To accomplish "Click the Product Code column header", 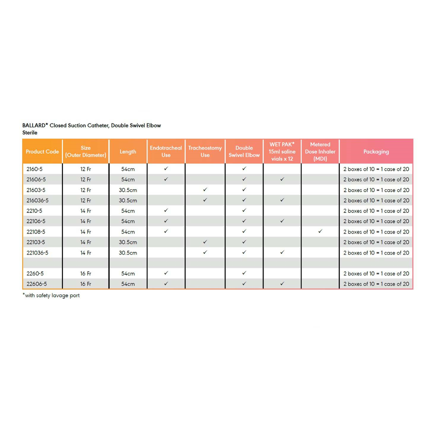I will [x=42, y=152].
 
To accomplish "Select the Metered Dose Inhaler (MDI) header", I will [x=320, y=152].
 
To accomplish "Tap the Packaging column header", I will [x=376, y=152].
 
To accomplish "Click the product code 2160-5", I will [x=35, y=169].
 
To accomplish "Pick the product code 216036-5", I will [x=37, y=200].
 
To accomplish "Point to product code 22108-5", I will [x=36, y=232].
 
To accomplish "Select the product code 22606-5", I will [x=36, y=284].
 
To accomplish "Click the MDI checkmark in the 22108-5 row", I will [x=320, y=231].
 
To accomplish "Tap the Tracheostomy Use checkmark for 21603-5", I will [x=205, y=190].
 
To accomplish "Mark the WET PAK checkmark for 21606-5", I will [x=282, y=179].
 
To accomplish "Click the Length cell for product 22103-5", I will [x=128, y=242].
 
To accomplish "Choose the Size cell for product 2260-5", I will [x=86, y=273].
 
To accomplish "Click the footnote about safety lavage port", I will [x=51, y=295].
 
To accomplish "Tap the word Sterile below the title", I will [x=30, y=133].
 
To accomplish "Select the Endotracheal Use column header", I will [x=166, y=152].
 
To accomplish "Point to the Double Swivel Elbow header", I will [x=244, y=152].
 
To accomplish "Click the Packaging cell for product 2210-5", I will [x=376, y=211].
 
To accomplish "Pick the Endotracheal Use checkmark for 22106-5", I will [x=166, y=221].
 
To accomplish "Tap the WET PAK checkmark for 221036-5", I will [x=282, y=252].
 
